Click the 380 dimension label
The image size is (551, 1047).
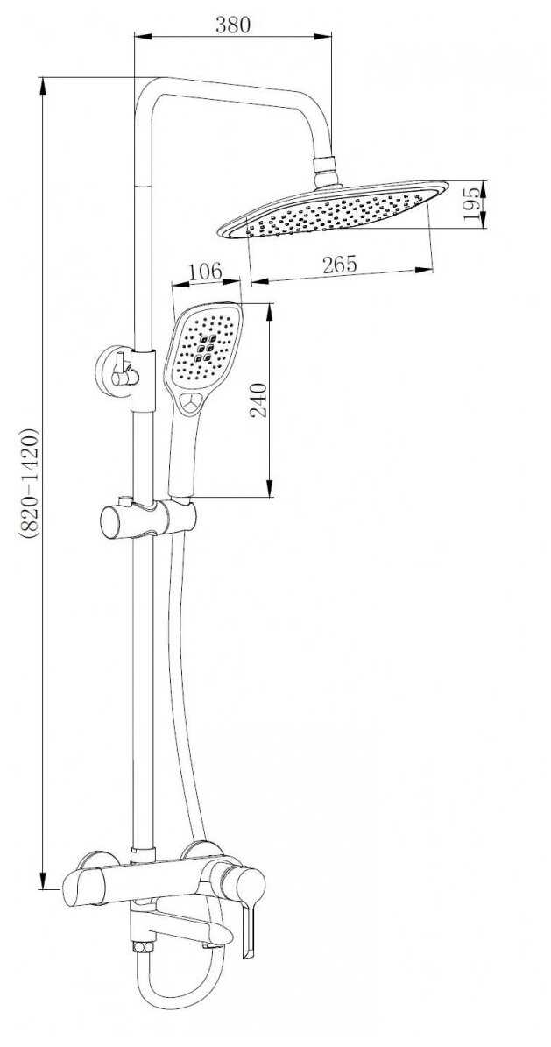232,25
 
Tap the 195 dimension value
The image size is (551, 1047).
471,204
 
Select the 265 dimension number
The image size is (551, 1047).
340,265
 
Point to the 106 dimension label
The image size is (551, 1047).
205,272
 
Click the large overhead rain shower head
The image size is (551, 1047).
334,209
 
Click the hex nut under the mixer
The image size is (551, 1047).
142,947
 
